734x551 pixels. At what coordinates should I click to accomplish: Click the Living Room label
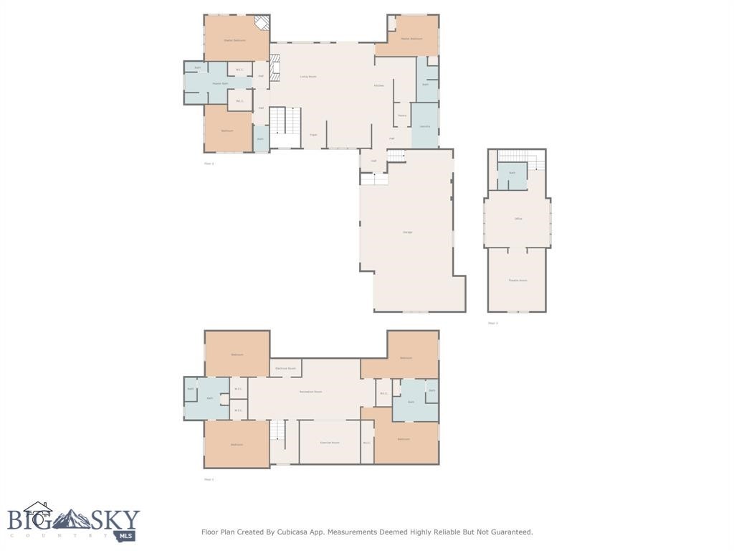(308, 76)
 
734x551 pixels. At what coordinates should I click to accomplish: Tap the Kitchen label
(378, 85)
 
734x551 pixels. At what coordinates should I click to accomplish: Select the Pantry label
(402, 115)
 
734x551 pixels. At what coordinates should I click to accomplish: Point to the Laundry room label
(424, 126)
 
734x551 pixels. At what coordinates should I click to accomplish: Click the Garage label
(407, 232)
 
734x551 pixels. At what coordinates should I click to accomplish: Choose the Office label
(518, 218)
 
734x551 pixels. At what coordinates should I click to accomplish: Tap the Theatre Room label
(518, 281)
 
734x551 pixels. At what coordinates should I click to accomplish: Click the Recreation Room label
(310, 392)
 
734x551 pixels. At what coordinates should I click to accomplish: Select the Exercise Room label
(329, 443)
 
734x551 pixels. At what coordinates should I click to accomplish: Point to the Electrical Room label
(285, 368)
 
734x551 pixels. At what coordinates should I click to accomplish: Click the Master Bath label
(219, 83)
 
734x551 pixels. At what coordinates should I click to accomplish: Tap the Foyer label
(313, 134)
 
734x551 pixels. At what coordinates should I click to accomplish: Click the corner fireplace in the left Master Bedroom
(262, 24)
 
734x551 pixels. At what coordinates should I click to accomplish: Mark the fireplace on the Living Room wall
(274, 67)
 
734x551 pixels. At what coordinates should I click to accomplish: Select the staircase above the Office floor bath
(520, 156)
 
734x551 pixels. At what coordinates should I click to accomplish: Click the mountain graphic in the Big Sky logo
(72, 519)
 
